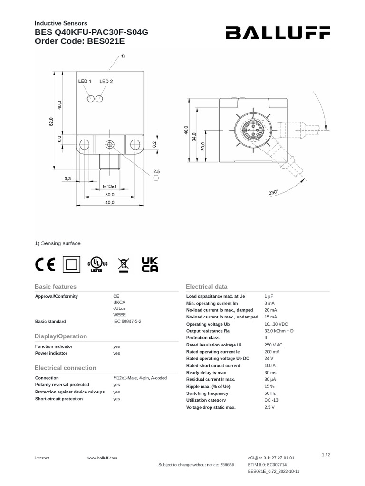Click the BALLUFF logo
pos(278,33)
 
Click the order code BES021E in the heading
pos(108,41)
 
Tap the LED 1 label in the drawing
pos(85,81)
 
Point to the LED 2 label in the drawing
pos(106,81)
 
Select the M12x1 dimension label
pos(110,187)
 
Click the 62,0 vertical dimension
pos(51,121)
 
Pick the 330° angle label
pos(273,193)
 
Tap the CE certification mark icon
pos(46,265)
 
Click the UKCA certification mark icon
pos(150,265)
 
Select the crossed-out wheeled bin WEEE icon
pos(123,265)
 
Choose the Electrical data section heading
pos(206,287)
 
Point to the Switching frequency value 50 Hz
pos(270,393)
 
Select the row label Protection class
pos(203,337)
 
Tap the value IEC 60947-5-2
pos(127,321)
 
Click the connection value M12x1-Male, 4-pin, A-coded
pos(140,378)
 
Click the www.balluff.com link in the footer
pos(102,458)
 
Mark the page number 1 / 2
pos(326,455)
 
